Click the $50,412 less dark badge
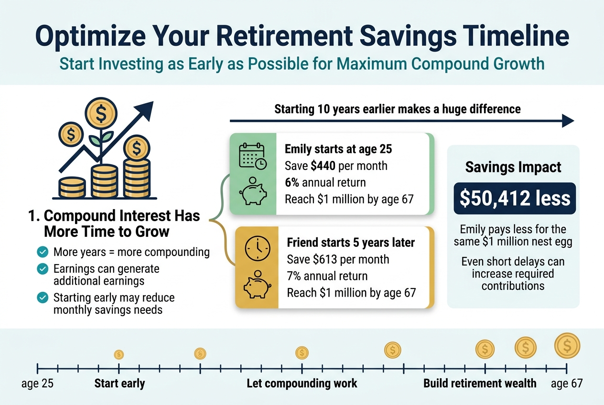[x=514, y=199]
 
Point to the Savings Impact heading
[x=514, y=168]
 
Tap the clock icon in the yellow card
[x=257, y=249]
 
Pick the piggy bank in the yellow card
[x=257, y=285]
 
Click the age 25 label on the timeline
[x=38, y=384]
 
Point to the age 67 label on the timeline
[x=567, y=384]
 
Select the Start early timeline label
[x=119, y=384]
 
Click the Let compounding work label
[x=302, y=384]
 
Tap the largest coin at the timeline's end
[x=567, y=345]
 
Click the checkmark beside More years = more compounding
[x=43, y=252]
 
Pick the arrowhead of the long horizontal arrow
[x=568, y=121]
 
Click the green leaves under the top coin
[x=101, y=138]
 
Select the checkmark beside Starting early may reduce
[x=43, y=298]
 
